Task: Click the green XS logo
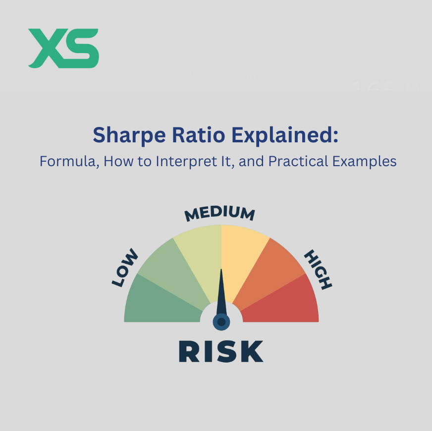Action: (x=63, y=48)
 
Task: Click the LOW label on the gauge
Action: (x=125, y=269)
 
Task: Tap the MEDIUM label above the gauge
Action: (x=219, y=213)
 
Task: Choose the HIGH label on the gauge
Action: (x=318, y=269)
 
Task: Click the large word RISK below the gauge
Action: (x=221, y=351)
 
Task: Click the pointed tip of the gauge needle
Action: (x=221, y=270)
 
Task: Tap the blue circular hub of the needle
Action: (x=221, y=322)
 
